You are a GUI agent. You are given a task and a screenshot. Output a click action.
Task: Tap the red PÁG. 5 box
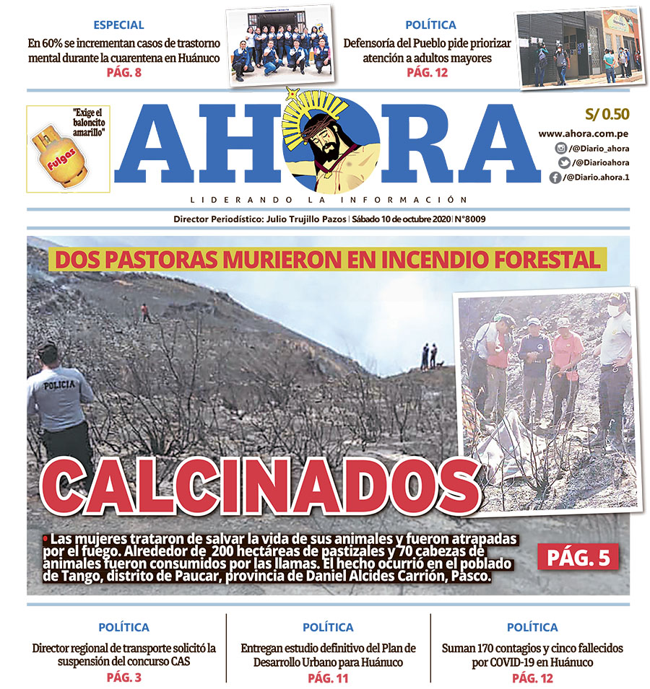click(x=578, y=557)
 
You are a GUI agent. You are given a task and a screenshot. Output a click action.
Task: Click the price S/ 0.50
click(x=606, y=115)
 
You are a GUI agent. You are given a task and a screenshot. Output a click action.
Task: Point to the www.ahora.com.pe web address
click(x=584, y=133)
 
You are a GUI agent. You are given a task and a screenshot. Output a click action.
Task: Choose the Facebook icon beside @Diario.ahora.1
click(x=555, y=177)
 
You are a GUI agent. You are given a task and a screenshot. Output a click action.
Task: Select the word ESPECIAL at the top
click(x=118, y=25)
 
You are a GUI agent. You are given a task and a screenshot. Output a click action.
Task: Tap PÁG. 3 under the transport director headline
click(x=123, y=677)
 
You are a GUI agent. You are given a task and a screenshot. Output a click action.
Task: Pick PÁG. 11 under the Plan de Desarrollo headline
click(x=328, y=677)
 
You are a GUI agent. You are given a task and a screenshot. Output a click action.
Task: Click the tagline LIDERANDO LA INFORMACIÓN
click(x=329, y=199)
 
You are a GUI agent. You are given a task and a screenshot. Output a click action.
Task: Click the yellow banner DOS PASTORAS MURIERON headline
click(x=327, y=260)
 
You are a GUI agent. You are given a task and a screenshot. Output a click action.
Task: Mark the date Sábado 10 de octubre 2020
click(x=400, y=219)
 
